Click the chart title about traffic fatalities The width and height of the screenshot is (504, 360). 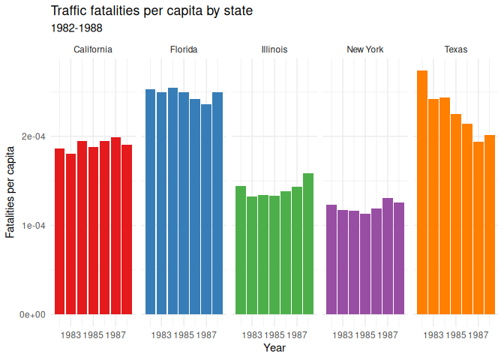151,11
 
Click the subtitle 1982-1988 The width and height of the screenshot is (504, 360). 76,28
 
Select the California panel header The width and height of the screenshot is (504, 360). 93,49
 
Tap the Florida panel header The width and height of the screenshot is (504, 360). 184,49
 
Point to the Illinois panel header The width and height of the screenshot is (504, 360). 274,49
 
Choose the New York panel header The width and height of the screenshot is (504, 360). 365,49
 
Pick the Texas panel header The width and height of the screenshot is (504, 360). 456,49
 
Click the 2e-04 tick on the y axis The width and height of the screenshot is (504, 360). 33,136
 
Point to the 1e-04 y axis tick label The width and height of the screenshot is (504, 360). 33,225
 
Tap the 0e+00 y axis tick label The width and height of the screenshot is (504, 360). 33,314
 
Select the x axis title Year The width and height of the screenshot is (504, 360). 274,348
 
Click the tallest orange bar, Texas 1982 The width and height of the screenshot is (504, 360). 422,192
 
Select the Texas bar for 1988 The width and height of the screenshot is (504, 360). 490,224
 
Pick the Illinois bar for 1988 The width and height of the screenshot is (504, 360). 307,244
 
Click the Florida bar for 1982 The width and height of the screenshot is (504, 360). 150,202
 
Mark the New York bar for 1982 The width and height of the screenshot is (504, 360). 331,259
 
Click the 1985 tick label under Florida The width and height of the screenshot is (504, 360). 184,334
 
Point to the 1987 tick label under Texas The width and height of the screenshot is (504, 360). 478,334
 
